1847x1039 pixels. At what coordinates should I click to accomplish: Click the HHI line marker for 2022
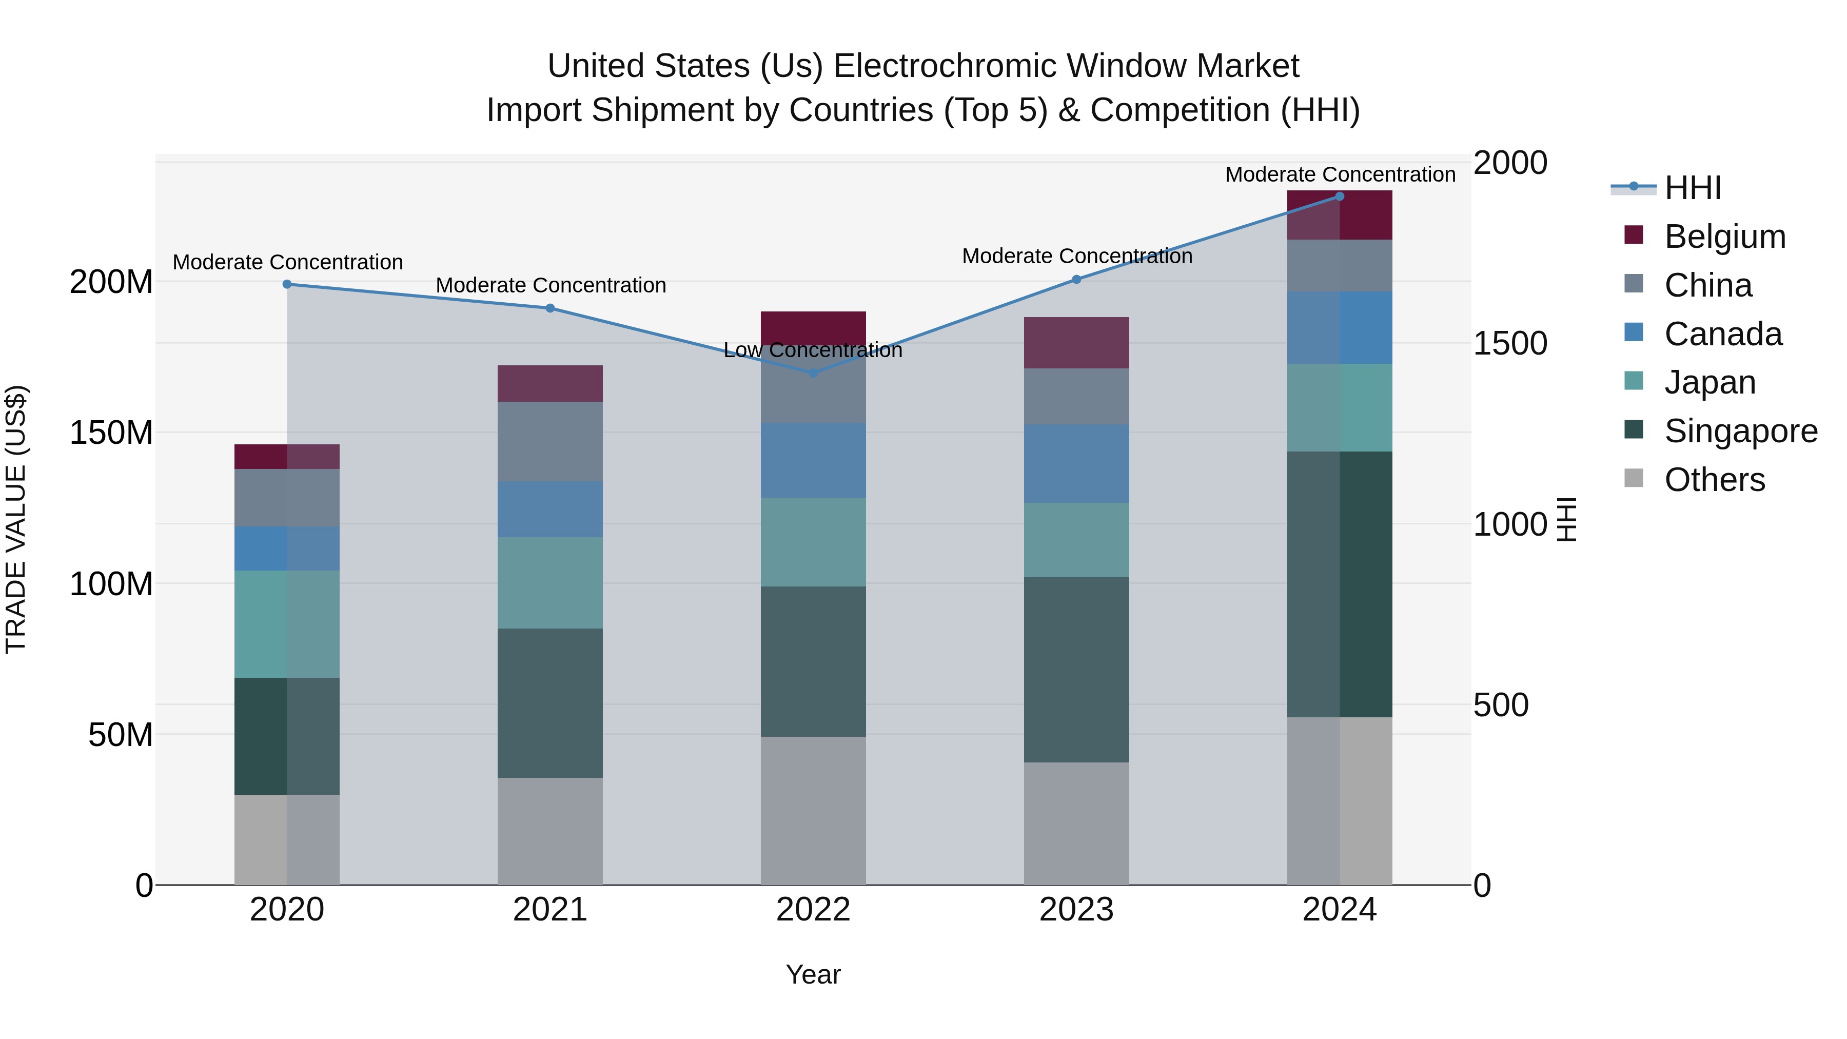pyautogui.click(x=813, y=373)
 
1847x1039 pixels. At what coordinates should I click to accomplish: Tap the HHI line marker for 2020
pyautogui.click(x=287, y=284)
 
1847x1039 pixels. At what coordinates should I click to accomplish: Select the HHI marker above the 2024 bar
pyautogui.click(x=1340, y=197)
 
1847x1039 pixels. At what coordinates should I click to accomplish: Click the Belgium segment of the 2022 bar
pyautogui.click(x=813, y=328)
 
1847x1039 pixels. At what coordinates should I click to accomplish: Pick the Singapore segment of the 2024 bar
pyautogui.click(x=1340, y=584)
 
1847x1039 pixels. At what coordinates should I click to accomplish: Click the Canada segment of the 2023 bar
pyautogui.click(x=1076, y=463)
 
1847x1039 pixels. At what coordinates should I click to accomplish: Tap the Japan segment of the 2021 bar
pyautogui.click(x=550, y=582)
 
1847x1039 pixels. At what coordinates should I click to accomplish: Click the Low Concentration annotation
pyautogui.click(x=813, y=350)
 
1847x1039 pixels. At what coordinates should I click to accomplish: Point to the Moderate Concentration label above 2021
pyautogui.click(x=551, y=285)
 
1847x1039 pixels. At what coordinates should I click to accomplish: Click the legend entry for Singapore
pyautogui.click(x=1741, y=431)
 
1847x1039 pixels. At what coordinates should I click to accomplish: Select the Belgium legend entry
pyautogui.click(x=1724, y=237)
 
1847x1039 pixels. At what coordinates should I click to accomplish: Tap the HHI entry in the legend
pyautogui.click(x=1692, y=188)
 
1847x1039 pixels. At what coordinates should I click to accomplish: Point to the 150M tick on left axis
pyautogui.click(x=111, y=433)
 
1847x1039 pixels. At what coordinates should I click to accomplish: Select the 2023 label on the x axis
pyautogui.click(x=1076, y=910)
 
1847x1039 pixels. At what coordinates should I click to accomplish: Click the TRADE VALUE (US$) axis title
pyautogui.click(x=16, y=519)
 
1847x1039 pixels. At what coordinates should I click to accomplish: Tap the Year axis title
pyautogui.click(x=813, y=974)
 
